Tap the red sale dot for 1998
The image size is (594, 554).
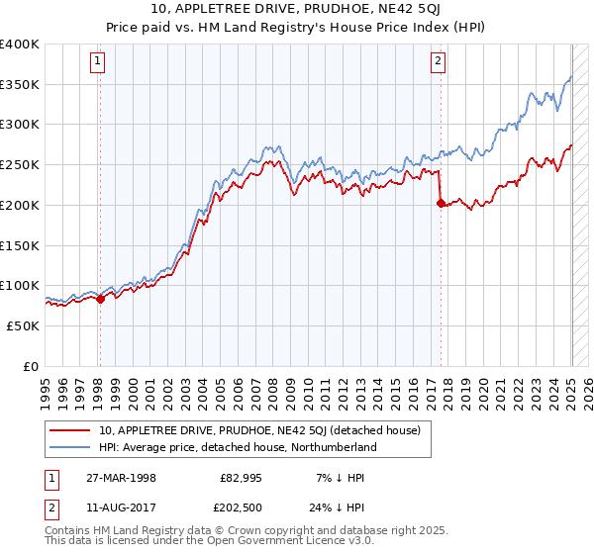(x=100, y=299)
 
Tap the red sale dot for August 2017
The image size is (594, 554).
(x=441, y=203)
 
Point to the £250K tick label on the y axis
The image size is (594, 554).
(x=20, y=164)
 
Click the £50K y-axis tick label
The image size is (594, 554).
(x=24, y=325)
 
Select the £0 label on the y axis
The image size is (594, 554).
(x=31, y=366)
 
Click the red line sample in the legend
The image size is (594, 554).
(x=69, y=430)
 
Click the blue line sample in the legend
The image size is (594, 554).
(x=69, y=447)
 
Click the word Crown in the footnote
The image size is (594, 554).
(x=211, y=530)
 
